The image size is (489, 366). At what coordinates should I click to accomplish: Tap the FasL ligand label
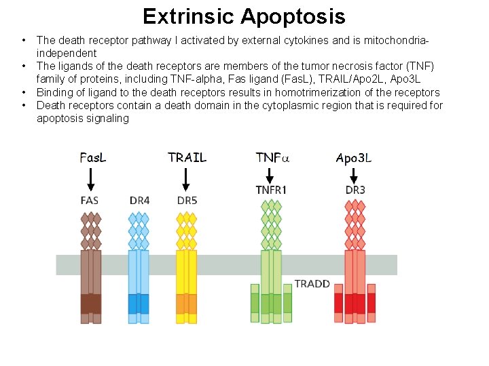pyautogui.click(x=92, y=157)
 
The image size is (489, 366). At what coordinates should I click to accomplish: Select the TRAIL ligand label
pyautogui.click(x=187, y=157)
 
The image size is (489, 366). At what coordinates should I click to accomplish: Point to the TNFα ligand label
pyautogui.click(x=272, y=158)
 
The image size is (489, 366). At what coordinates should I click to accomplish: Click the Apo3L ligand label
pyautogui.click(x=354, y=159)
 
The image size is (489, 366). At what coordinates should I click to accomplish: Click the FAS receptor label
pyautogui.click(x=91, y=201)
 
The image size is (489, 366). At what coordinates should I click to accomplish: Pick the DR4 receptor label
pyautogui.click(x=140, y=201)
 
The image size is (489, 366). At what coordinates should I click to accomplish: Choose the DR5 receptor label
pyautogui.click(x=187, y=201)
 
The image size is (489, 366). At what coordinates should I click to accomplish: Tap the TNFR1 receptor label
pyautogui.click(x=271, y=190)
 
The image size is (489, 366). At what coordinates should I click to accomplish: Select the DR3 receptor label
pyautogui.click(x=355, y=190)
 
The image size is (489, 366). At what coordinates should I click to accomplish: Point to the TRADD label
pyautogui.click(x=312, y=283)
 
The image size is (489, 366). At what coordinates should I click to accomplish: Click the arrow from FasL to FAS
pyautogui.click(x=91, y=180)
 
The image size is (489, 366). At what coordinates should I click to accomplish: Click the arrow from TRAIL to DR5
pyautogui.click(x=186, y=180)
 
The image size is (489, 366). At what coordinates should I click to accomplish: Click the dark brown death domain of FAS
pyautogui.click(x=90, y=303)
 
